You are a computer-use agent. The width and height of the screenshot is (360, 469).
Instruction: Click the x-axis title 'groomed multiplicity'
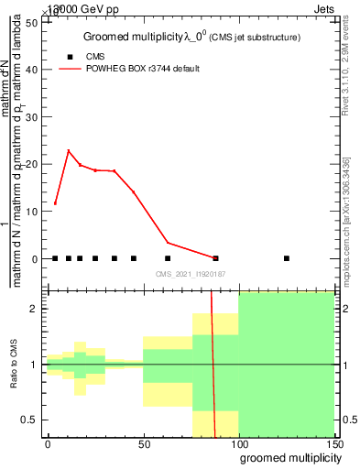click(285, 456)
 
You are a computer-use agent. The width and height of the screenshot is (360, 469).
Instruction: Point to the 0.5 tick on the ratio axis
click(27, 420)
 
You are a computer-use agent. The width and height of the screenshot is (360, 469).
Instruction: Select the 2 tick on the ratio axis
click(33, 309)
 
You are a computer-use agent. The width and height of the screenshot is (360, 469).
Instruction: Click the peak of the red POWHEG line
click(69, 150)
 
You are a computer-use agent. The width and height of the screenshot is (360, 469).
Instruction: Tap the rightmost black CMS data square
click(287, 258)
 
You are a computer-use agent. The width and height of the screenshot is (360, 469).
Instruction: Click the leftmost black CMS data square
click(55, 258)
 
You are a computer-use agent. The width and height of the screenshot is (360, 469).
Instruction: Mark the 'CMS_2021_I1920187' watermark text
click(189, 274)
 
